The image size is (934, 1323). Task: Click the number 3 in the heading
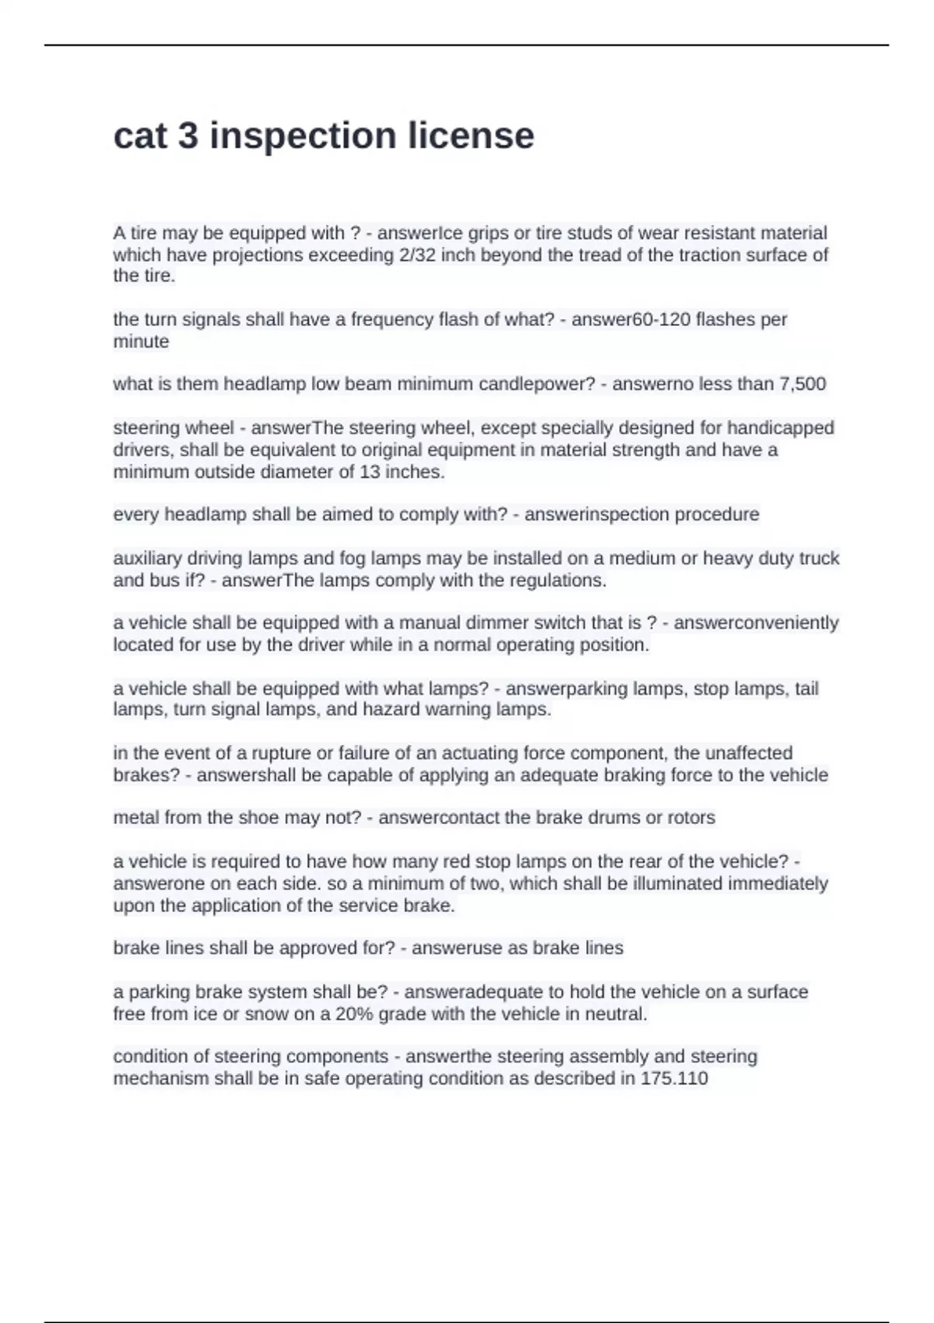[x=188, y=136]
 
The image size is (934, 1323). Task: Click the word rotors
[x=690, y=818]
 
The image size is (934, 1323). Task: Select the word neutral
[x=619, y=1014]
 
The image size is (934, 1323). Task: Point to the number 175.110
[x=674, y=1079]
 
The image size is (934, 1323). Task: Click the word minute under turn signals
[x=141, y=342]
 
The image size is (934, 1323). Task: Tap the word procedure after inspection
[x=716, y=515]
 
